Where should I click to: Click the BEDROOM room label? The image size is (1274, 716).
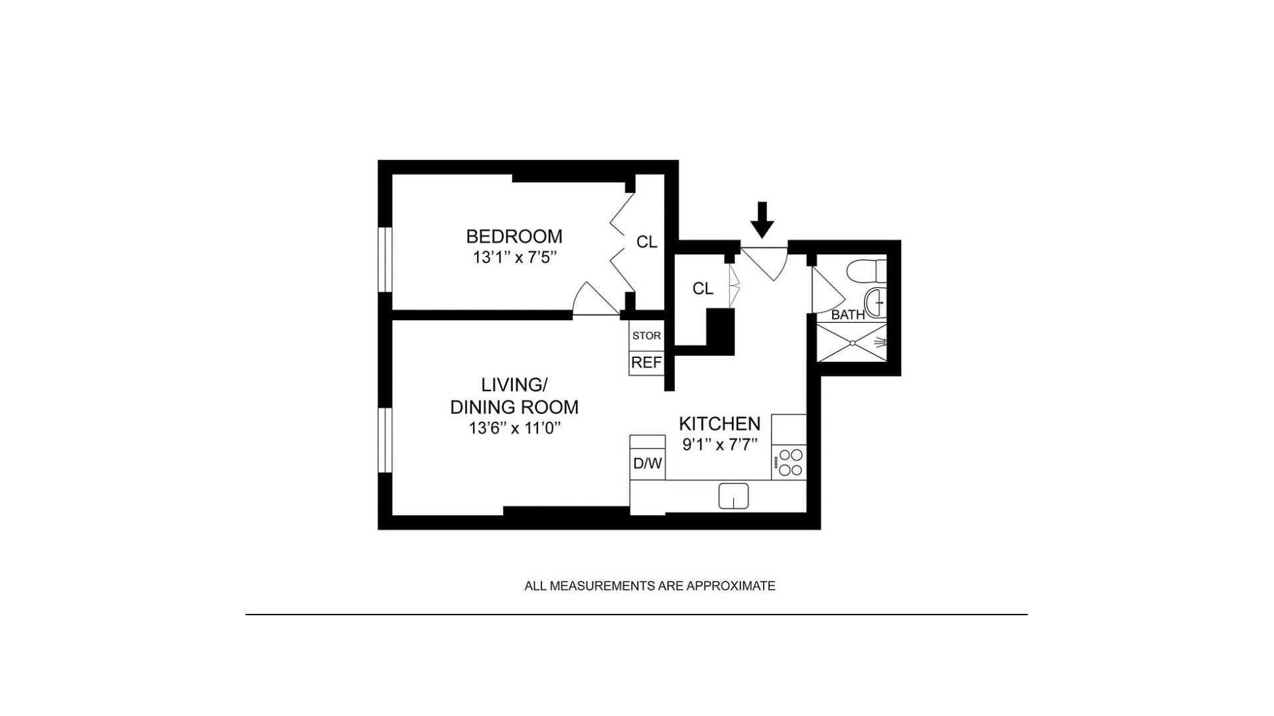(514, 236)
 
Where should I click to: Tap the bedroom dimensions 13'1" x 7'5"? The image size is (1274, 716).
(514, 257)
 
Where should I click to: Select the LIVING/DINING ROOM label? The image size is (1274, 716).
(514, 396)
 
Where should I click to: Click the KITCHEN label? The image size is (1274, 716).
(719, 424)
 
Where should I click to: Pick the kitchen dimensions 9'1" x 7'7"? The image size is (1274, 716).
(719, 444)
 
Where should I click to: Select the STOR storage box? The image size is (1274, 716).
(646, 336)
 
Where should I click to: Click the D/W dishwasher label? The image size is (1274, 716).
(647, 463)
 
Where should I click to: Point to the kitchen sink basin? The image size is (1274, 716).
(733, 496)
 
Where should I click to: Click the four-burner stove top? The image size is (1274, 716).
(789, 462)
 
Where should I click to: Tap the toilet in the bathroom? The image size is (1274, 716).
(868, 270)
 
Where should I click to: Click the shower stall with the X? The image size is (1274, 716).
(851, 342)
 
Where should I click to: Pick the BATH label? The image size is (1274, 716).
(848, 315)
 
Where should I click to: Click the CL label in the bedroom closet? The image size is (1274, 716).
(647, 243)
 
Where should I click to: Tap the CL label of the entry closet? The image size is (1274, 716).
(703, 289)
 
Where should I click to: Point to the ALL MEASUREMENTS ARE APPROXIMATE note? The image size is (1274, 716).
(650, 586)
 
